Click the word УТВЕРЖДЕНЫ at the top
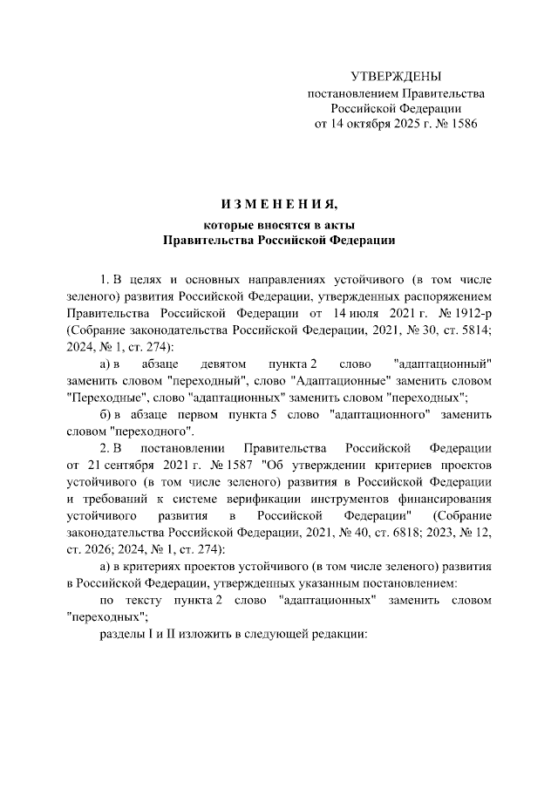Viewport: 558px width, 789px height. [396, 78]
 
